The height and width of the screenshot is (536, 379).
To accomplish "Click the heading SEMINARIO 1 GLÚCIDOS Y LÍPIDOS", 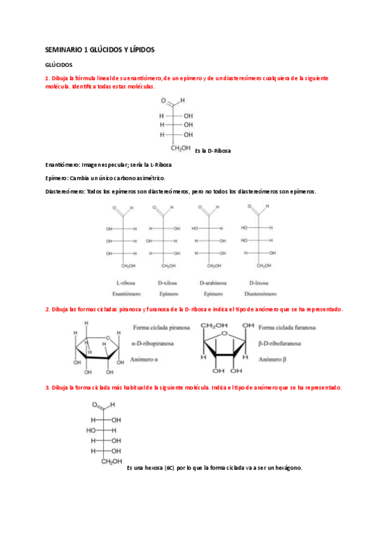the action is coord(100,49).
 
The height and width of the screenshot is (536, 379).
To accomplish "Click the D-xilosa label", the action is coord(168,283).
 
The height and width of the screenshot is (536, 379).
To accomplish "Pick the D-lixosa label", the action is coord(259,283).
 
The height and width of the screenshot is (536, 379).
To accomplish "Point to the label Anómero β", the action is coord(274,359).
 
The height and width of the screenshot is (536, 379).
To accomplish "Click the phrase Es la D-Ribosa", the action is coord(213,151).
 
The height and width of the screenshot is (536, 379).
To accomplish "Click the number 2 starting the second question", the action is coord(47,310).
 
